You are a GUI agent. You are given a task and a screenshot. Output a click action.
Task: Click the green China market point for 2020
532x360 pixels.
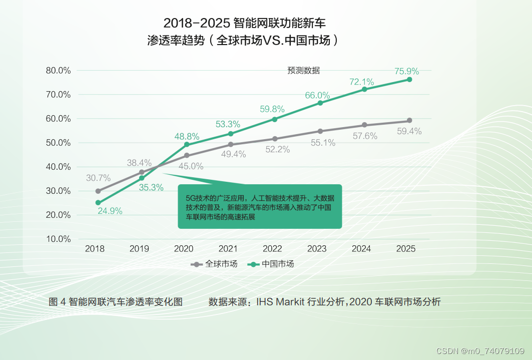pyautogui.click(x=187, y=145)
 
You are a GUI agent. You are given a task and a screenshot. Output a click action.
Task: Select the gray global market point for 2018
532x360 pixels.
pyautogui.click(x=98, y=191)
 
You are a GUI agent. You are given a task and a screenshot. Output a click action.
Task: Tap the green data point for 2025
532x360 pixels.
pyautogui.click(x=409, y=80)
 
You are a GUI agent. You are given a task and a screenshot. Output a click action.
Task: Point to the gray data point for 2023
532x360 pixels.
pyautogui.click(x=320, y=131)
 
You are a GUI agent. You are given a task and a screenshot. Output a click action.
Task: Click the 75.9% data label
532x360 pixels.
pyautogui.click(x=406, y=71)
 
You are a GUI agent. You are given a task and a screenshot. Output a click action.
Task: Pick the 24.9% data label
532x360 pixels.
pyautogui.click(x=110, y=211)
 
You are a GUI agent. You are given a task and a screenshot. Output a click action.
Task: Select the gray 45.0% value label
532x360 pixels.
pyautogui.click(x=191, y=166)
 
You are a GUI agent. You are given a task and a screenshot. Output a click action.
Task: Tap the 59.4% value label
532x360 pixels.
pyautogui.click(x=409, y=132)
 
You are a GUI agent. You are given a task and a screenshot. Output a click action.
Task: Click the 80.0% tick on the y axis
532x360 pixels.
pyautogui.click(x=58, y=71)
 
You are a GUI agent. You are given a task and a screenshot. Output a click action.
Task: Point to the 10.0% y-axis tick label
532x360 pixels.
pyautogui.click(x=58, y=239)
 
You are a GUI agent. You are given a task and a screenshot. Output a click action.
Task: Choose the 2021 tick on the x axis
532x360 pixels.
pyautogui.click(x=228, y=249)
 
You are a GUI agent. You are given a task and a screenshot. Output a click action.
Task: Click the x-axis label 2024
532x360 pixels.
pyautogui.click(x=361, y=249)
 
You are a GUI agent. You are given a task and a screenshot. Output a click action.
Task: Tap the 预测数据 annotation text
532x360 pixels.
pyautogui.click(x=303, y=71)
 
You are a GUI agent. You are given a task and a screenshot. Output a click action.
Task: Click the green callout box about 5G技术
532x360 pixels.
pyautogui.click(x=260, y=206)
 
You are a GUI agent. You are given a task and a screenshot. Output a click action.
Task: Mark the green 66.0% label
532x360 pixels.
pyautogui.click(x=317, y=95)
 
